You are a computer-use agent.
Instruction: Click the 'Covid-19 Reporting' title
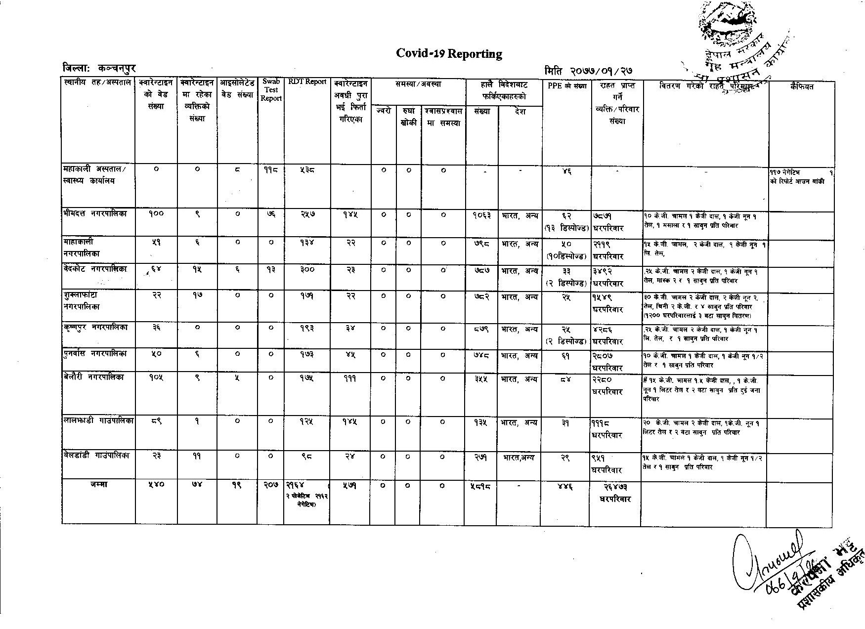point(449,54)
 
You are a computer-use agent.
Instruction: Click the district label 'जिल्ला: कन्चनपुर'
point(99,69)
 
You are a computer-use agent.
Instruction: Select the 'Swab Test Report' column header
point(271,90)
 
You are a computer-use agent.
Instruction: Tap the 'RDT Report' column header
point(307,82)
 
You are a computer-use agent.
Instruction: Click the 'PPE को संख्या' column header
point(567,85)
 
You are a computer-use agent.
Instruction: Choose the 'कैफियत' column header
point(801,87)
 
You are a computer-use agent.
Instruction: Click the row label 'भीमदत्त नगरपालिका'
point(95,214)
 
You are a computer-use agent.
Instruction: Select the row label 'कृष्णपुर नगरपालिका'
point(95,328)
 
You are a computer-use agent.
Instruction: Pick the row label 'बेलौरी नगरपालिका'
point(94,377)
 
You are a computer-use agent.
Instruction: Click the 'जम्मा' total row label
point(99,485)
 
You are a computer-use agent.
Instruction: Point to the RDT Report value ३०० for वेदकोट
point(307,270)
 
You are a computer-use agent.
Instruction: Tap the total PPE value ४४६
point(566,487)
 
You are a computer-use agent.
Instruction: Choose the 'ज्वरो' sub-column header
point(383,111)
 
